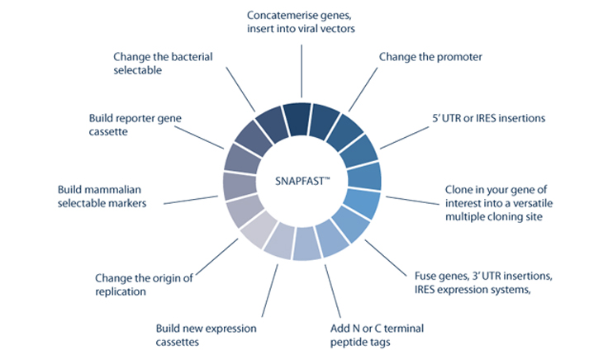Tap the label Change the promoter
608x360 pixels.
[x=430, y=57]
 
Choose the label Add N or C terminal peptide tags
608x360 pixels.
[x=359, y=335]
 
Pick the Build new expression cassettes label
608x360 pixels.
[x=207, y=335]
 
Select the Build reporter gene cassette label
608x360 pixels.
[x=135, y=124]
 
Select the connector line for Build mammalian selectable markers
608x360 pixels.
[x=192, y=199]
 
